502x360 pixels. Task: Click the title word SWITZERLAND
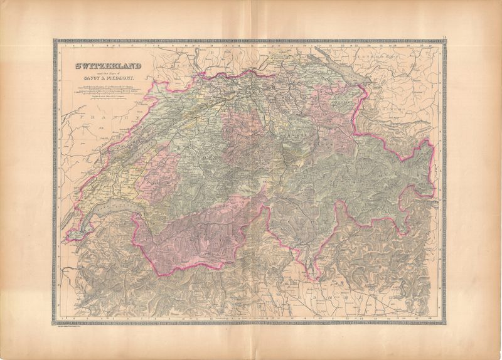107,65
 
